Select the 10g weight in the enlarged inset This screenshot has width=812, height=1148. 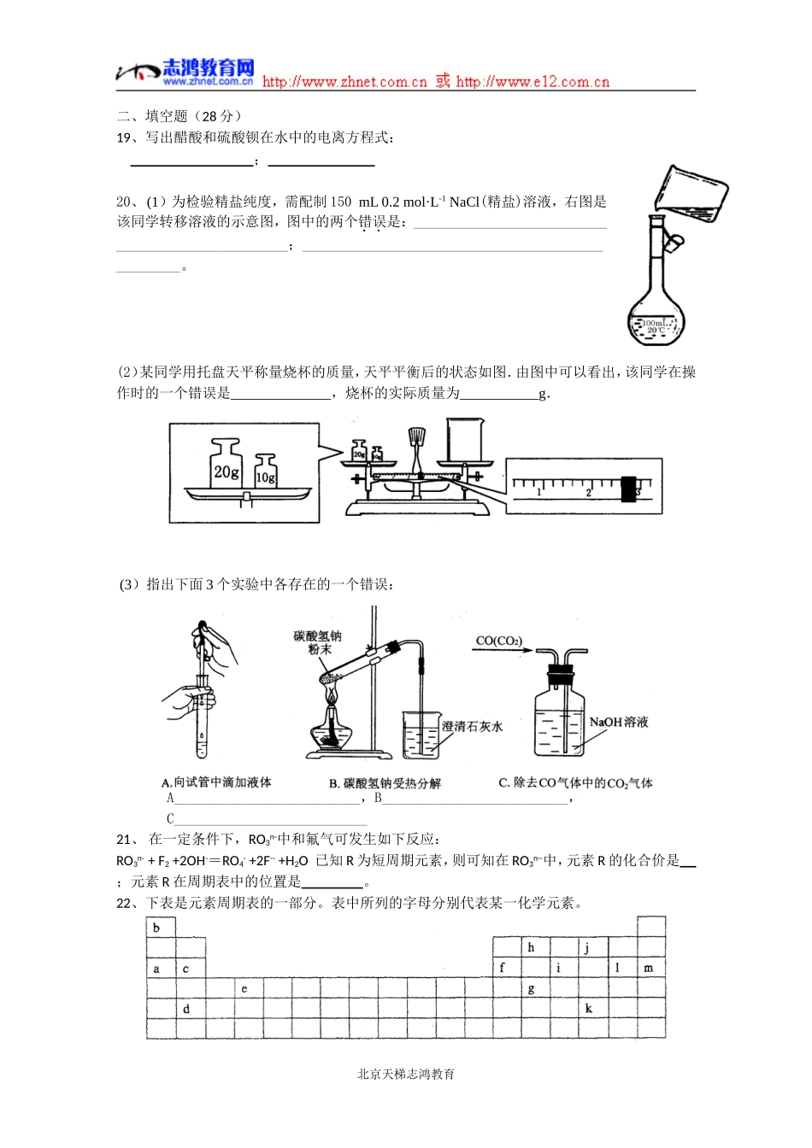(266, 471)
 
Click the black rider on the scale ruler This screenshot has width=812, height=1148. (630, 488)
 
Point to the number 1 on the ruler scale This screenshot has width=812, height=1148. (538, 493)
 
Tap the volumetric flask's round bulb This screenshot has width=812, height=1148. (656, 319)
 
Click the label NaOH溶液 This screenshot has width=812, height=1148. (619, 723)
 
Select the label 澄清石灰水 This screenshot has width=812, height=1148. (472, 727)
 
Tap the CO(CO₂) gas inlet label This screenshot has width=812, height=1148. (498, 641)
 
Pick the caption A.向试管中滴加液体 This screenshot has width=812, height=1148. (216, 782)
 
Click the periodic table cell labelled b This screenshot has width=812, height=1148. (160, 928)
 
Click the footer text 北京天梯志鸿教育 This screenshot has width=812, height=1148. (406, 1074)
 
